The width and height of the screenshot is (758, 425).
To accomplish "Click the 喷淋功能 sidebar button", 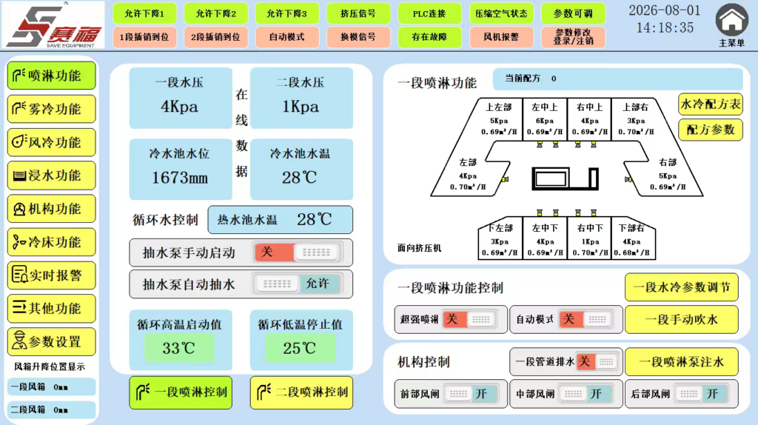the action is point(51,76).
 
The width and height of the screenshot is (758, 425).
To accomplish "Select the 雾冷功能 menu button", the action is point(51,110).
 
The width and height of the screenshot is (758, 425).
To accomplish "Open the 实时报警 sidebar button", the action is point(51,275).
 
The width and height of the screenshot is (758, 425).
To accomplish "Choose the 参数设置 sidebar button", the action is point(51,342).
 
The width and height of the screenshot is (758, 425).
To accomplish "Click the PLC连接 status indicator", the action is point(429,13).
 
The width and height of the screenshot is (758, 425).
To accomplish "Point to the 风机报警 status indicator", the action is point(501,37).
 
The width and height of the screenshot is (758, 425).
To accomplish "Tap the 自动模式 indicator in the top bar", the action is point(287,37).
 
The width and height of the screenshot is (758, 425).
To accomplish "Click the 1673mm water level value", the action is point(180,178).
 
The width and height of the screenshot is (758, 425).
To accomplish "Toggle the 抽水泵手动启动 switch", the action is point(297,252).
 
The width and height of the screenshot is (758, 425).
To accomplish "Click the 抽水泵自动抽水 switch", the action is point(297,284).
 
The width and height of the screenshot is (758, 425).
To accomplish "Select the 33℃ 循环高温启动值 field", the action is point(179,348).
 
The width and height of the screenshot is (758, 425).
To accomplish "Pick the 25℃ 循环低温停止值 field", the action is point(300,348).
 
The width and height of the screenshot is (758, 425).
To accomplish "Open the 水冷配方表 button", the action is point(711,104).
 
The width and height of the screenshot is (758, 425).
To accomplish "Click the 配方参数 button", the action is point(711,130).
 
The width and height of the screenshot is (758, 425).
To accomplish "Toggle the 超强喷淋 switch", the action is point(468,319).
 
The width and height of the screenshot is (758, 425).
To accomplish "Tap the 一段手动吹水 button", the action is point(682,320).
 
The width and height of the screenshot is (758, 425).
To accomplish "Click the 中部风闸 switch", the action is point(586,394).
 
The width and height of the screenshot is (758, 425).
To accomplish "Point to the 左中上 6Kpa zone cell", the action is point(545,119).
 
